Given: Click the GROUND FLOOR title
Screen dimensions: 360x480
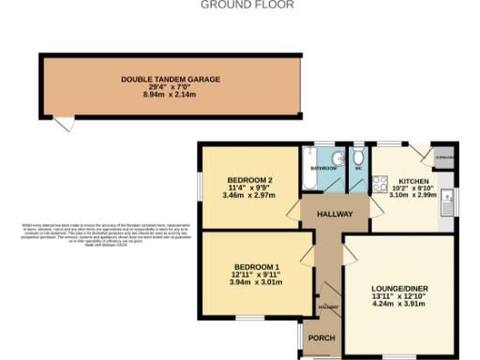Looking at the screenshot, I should (247, 5).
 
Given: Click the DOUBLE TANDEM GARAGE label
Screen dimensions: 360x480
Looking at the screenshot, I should (171, 80).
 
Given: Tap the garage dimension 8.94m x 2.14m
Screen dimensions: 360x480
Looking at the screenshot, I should (171, 95).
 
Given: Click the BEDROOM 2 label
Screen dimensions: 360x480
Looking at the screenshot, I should (250, 180).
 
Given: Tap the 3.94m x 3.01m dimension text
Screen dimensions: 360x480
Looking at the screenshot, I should (255, 281).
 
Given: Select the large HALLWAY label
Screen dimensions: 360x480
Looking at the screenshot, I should (335, 215).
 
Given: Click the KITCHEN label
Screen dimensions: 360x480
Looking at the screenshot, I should (413, 180).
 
